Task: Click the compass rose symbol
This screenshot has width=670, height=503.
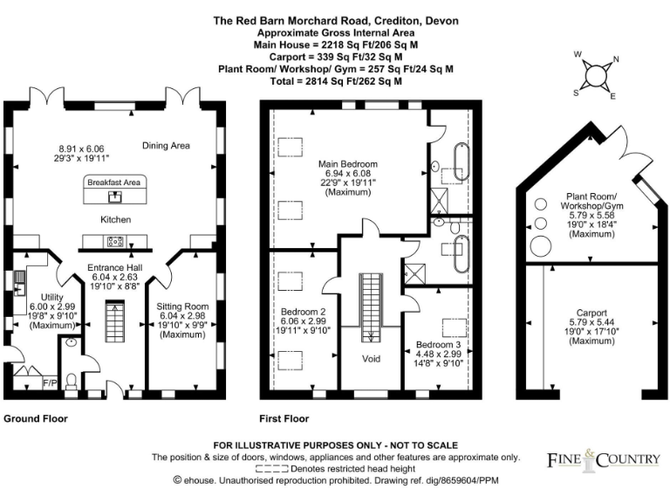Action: click(597, 75)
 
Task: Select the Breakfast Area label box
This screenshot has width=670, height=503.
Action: click(115, 183)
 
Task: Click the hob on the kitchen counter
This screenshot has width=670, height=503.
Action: click(114, 241)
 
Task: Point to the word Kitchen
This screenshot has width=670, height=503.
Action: click(115, 219)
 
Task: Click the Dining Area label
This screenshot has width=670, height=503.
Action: click(167, 145)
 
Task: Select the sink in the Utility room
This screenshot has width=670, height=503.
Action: click(19, 282)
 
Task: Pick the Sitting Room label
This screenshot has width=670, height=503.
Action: click(182, 307)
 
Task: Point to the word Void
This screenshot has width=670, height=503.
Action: click(371, 358)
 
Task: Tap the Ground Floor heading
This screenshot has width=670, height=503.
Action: click(36, 418)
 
